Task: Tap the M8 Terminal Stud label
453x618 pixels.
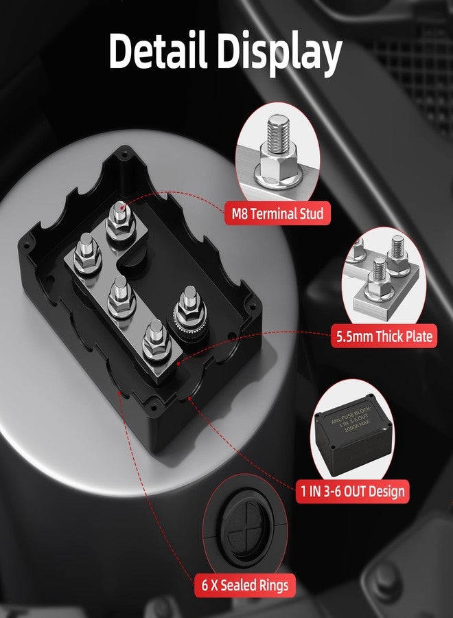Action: point(277,214)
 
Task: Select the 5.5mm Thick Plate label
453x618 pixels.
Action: point(384,336)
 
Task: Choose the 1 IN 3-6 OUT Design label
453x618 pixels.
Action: point(351,491)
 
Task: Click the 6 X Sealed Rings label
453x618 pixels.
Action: point(246,586)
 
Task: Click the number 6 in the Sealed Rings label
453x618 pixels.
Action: point(205,586)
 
